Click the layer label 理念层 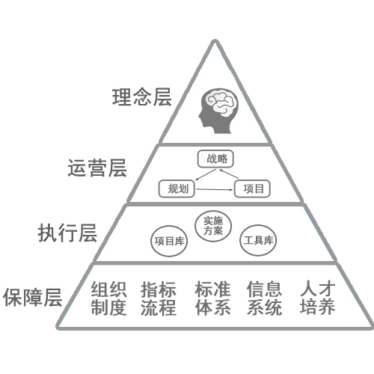pos(141,97)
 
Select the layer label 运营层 pos(97,168)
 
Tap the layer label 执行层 pos(67,233)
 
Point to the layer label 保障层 pos(33,297)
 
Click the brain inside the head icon pos(221,102)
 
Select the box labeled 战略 pos(215,159)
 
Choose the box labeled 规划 pos(177,188)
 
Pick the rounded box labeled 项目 pos(252,188)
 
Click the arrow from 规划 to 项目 pos(215,189)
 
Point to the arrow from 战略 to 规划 pos(206,174)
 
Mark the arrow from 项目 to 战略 pos(229,174)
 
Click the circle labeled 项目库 pos(169,241)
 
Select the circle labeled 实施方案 pos(213,226)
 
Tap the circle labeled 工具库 pos(258,240)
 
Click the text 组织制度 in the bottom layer pos(108,298)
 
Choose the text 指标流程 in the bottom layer pos(159,298)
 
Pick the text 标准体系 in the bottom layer pos(212,298)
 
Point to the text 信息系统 pos(264,298)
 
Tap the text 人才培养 pos(317,298)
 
